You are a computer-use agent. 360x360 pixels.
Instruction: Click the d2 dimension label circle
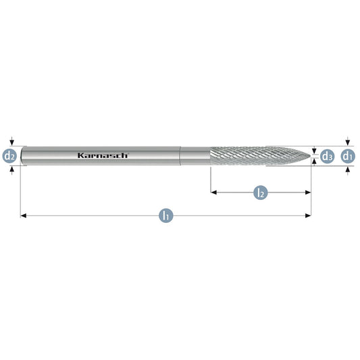(x=9, y=156)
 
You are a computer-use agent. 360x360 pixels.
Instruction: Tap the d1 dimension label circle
(x=348, y=156)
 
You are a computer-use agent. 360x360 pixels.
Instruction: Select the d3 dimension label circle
(x=327, y=156)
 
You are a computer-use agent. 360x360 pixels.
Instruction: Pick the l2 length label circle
(x=261, y=192)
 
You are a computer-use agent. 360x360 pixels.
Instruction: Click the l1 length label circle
(x=166, y=215)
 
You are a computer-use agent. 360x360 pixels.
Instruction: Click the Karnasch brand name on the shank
(x=103, y=155)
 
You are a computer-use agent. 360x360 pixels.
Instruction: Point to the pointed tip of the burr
(x=311, y=156)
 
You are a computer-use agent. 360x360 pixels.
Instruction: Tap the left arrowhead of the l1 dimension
(x=24, y=215)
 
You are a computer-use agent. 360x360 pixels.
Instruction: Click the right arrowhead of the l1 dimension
(x=308, y=215)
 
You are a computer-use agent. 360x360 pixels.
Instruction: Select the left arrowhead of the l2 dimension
(x=213, y=192)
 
